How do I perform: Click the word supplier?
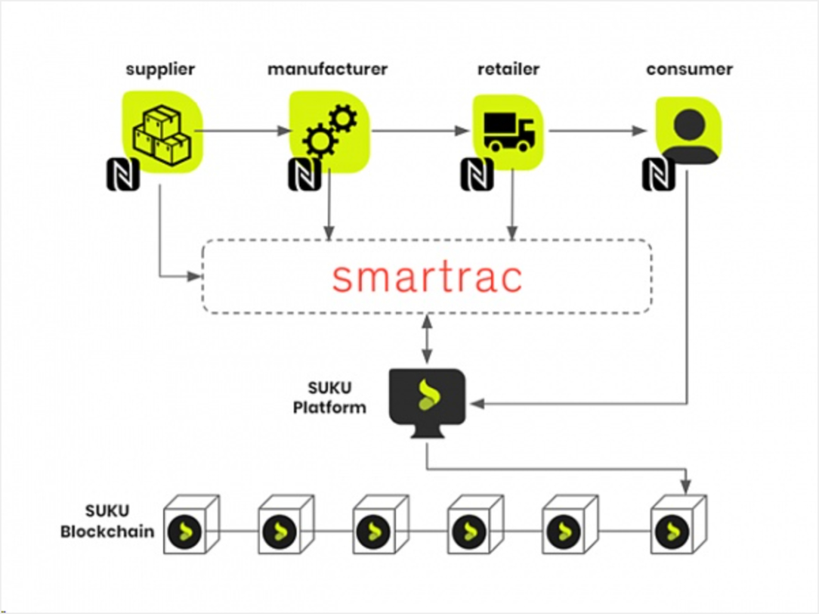point(160,70)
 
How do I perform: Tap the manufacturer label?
point(327,70)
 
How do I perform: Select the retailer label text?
point(508,70)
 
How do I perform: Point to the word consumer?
point(689,70)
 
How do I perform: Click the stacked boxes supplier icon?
point(161,134)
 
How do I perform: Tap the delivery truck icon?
point(508,131)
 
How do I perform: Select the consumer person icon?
point(688,131)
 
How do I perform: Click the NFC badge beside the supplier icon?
point(122,175)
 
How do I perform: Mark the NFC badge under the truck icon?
point(477,175)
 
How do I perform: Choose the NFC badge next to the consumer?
point(658,175)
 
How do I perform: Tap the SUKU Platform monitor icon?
point(427,400)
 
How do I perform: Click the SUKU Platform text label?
point(337,398)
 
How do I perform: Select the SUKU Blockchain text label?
point(107,523)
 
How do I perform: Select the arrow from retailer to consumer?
point(597,131)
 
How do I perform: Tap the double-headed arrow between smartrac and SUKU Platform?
point(427,340)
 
